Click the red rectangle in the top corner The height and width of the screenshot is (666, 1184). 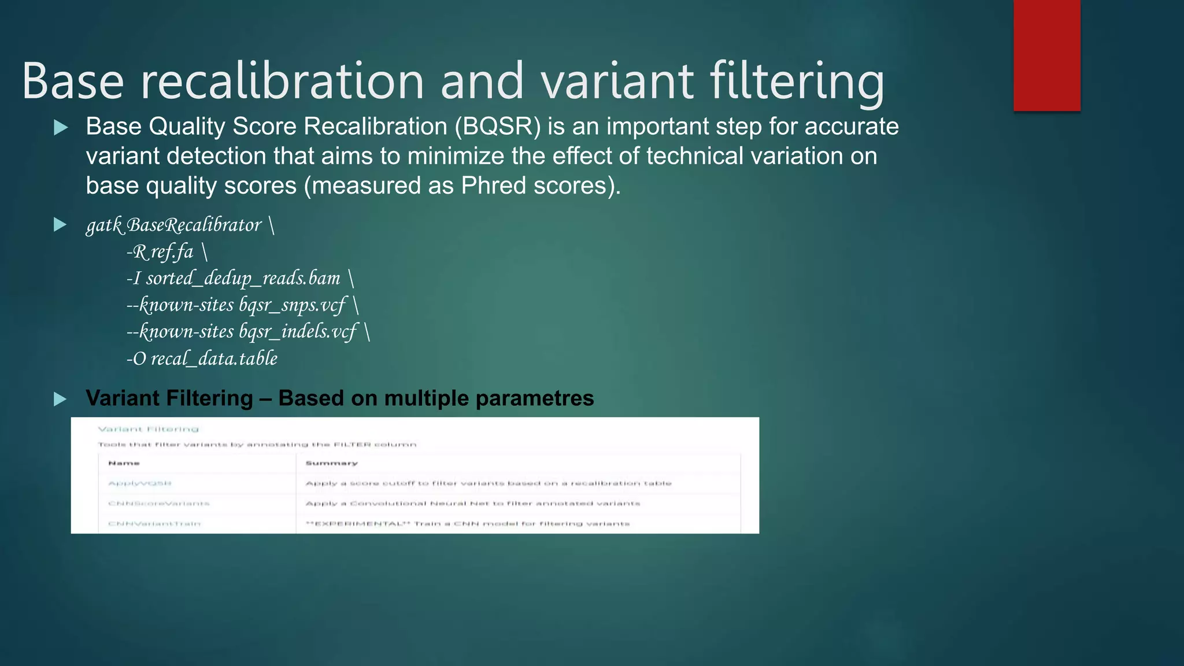click(x=1046, y=55)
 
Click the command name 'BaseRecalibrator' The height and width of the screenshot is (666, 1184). click(x=194, y=225)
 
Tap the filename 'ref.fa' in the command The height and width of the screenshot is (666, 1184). click(x=172, y=252)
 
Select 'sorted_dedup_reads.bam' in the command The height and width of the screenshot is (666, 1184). click(x=243, y=279)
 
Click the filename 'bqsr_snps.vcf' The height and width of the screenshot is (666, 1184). click(x=292, y=305)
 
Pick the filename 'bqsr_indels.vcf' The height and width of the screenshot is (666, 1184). click(x=298, y=332)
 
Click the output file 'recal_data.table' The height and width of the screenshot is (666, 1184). click(x=214, y=358)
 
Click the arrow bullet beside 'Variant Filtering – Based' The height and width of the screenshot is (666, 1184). click(x=60, y=399)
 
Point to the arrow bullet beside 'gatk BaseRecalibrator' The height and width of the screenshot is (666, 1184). click(x=60, y=225)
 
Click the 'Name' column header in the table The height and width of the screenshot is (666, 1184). click(x=124, y=463)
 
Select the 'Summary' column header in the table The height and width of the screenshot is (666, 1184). click(x=331, y=463)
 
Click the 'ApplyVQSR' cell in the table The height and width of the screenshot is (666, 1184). click(x=140, y=483)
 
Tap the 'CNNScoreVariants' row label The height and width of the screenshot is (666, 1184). click(x=158, y=504)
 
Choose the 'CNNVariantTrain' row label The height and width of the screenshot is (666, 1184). click(x=154, y=524)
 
